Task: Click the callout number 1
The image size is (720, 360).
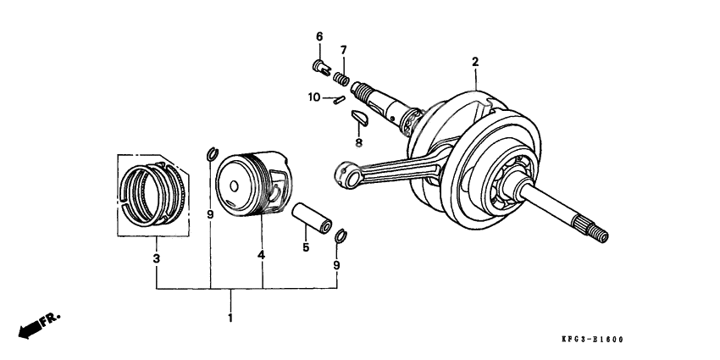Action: tap(230, 318)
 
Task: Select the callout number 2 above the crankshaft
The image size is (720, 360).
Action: tap(475, 62)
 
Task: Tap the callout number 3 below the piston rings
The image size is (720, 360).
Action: tap(156, 258)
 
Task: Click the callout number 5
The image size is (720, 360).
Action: tap(306, 248)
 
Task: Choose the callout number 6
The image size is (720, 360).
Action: tap(319, 36)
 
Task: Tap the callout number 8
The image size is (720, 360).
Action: tap(358, 142)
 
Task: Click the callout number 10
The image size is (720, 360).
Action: tap(313, 97)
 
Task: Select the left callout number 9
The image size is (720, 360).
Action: tap(210, 216)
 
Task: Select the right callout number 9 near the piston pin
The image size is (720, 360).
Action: tap(336, 265)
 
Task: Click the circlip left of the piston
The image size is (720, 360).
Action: tap(211, 153)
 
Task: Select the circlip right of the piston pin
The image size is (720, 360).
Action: tap(341, 235)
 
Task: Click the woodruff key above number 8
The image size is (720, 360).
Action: tap(359, 114)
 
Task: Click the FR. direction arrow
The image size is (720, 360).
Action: tap(38, 324)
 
